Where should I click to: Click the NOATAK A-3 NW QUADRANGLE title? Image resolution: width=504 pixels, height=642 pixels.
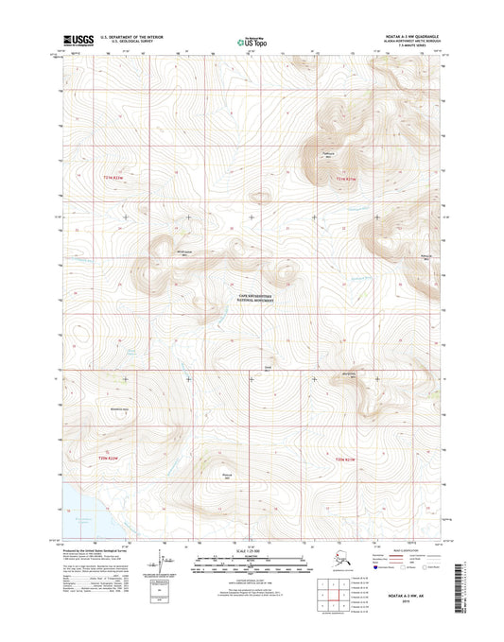408,38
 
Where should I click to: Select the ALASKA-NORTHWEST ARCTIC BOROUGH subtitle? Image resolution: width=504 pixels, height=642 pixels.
408,43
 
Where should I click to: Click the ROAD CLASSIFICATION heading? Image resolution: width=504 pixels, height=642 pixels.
408,547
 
